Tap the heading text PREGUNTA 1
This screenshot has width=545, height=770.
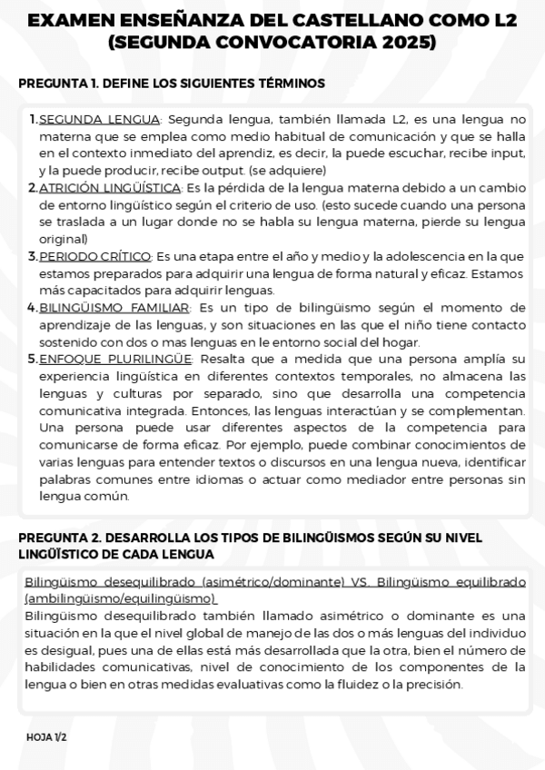(57, 84)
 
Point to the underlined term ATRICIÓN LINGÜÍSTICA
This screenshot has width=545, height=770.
(110, 187)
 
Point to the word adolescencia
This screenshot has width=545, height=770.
(421, 256)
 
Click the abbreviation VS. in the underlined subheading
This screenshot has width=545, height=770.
(359, 580)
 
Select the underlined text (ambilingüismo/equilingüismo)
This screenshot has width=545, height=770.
(121, 598)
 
